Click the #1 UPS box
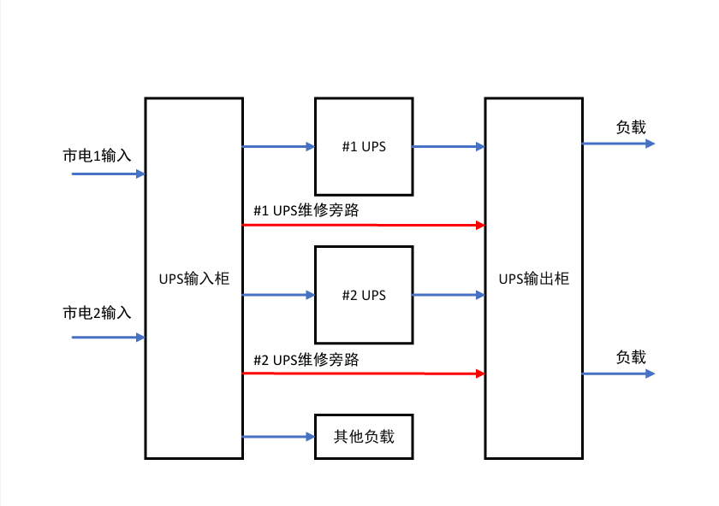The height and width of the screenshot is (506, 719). click(364, 146)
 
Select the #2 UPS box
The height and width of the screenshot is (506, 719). click(364, 295)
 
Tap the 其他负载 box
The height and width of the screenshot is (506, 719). click(364, 437)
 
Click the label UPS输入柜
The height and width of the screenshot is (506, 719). click(194, 279)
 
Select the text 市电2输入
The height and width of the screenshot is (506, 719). click(97, 313)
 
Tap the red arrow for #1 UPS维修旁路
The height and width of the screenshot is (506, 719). click(364, 225)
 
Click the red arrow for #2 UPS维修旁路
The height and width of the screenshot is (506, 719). click(364, 374)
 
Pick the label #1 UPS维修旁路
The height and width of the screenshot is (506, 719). click(306, 209)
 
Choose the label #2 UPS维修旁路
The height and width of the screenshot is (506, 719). click(306, 360)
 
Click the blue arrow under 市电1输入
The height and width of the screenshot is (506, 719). click(108, 174)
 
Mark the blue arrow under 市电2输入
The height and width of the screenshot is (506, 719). click(108, 337)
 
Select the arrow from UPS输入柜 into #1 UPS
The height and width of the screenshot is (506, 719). click(279, 146)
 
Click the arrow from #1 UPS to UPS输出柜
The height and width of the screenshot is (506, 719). click(449, 146)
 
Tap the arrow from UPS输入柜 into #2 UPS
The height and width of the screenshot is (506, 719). click(279, 295)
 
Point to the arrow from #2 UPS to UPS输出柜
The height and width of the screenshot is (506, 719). click(449, 295)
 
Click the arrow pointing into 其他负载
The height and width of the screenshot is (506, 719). click(279, 437)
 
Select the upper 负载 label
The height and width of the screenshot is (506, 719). click(631, 127)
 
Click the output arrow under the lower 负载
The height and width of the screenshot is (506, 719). click(618, 374)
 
